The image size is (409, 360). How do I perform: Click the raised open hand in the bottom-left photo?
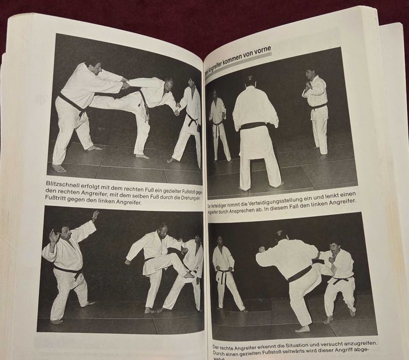pos(95,216)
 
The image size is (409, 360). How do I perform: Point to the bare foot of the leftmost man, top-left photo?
pos(59,168)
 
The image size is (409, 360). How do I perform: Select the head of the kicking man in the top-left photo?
pos(167,83)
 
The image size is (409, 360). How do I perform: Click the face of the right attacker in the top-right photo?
pos(310,74)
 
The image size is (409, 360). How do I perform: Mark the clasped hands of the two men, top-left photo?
pos(125,83)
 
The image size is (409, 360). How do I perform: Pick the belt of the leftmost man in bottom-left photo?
pos(67,268)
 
